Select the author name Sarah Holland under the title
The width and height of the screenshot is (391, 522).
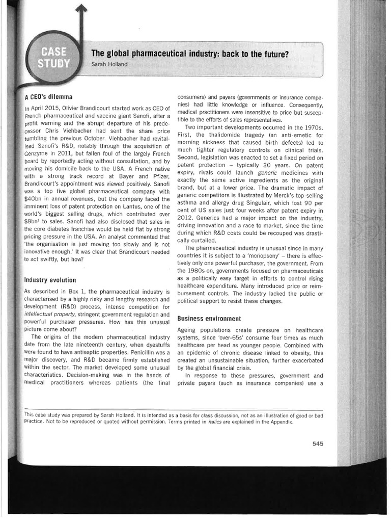pos(109,64)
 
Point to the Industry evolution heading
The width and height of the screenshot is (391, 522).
pos(50,280)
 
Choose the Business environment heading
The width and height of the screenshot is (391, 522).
pos(209,319)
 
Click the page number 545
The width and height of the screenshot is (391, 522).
pos(318,443)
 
